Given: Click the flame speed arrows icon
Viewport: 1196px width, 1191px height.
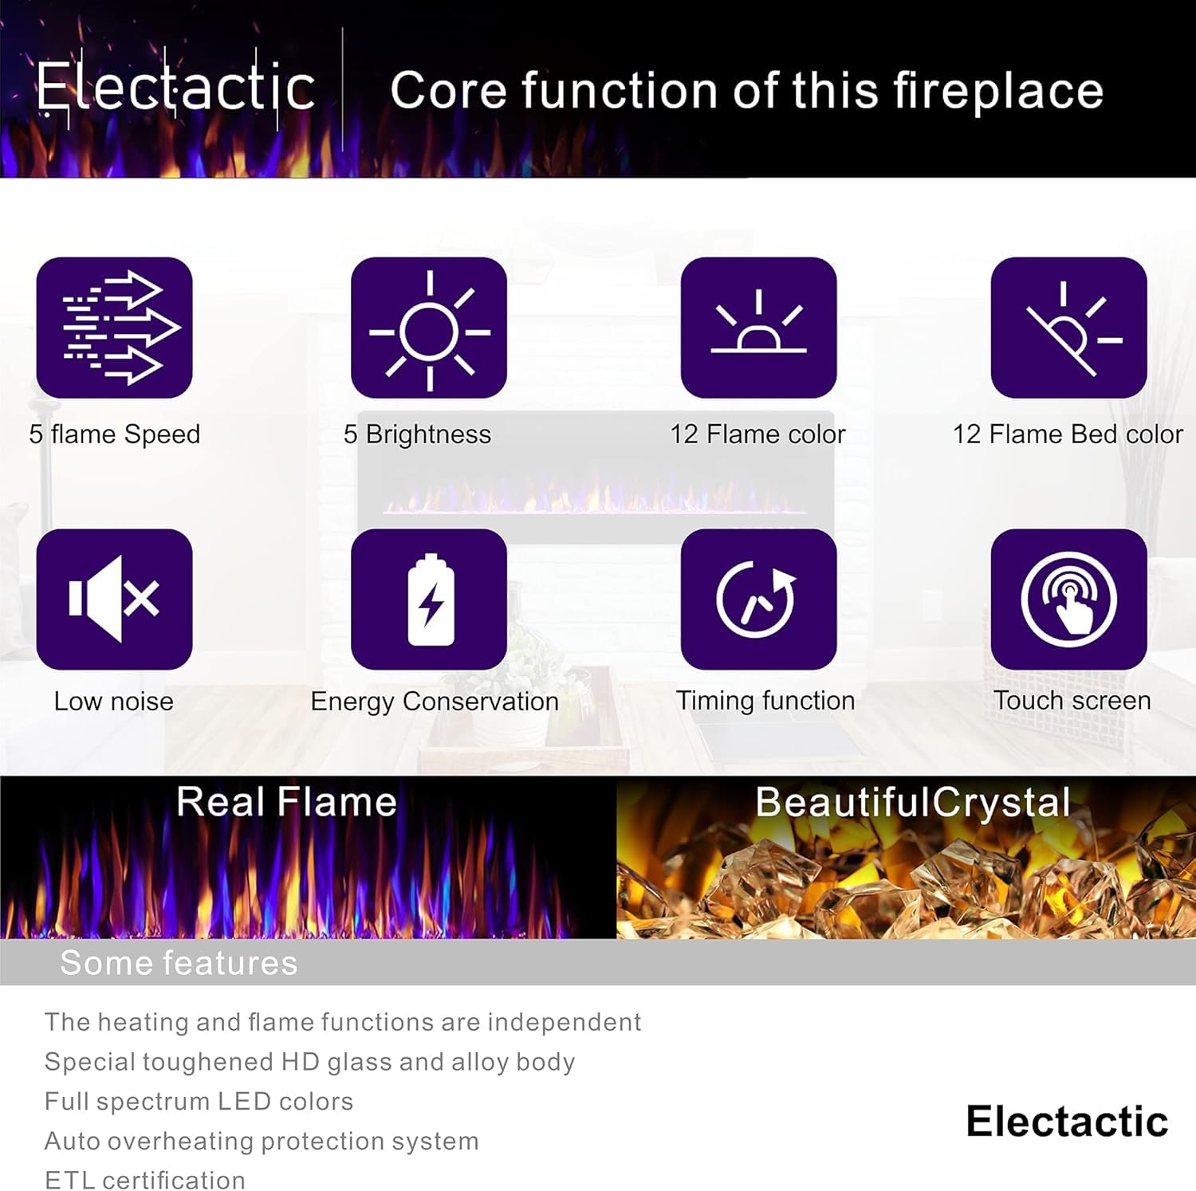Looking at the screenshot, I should pos(115,328).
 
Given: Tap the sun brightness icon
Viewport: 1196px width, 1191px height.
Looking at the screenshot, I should pos(429,328).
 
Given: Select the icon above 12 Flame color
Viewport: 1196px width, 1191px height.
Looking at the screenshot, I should pos(758,328).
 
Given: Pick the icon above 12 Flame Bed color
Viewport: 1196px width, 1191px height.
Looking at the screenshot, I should pos(1068,328).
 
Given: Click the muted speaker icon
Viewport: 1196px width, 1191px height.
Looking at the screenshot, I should pos(115,599).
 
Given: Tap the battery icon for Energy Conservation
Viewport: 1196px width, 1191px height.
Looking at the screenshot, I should pos(429,599).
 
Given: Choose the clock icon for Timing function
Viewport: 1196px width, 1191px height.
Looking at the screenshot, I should pos(758,599).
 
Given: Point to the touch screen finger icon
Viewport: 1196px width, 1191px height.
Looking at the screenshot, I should pos(1068,599).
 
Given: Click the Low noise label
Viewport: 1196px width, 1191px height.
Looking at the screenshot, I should pos(113,702).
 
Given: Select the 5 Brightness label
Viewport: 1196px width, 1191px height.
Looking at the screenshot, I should pos(417,434).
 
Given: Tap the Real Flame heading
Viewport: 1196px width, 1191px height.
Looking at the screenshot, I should pos(286,801).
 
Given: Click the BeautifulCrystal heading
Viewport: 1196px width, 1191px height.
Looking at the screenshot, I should pos(912,802).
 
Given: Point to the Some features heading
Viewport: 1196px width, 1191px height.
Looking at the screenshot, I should pos(179,963).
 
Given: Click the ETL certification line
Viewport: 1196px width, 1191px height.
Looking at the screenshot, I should pos(145,1180).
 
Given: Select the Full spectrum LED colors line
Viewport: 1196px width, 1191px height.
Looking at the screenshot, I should pos(199,1102).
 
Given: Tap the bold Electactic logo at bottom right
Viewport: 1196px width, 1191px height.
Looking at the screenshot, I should pos(1067,1122).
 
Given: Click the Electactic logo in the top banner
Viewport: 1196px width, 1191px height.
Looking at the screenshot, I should pos(175,88).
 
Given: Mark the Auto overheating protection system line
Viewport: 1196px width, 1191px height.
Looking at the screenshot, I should pos(262,1142).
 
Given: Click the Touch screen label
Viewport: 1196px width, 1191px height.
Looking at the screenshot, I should pos(1072,701).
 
